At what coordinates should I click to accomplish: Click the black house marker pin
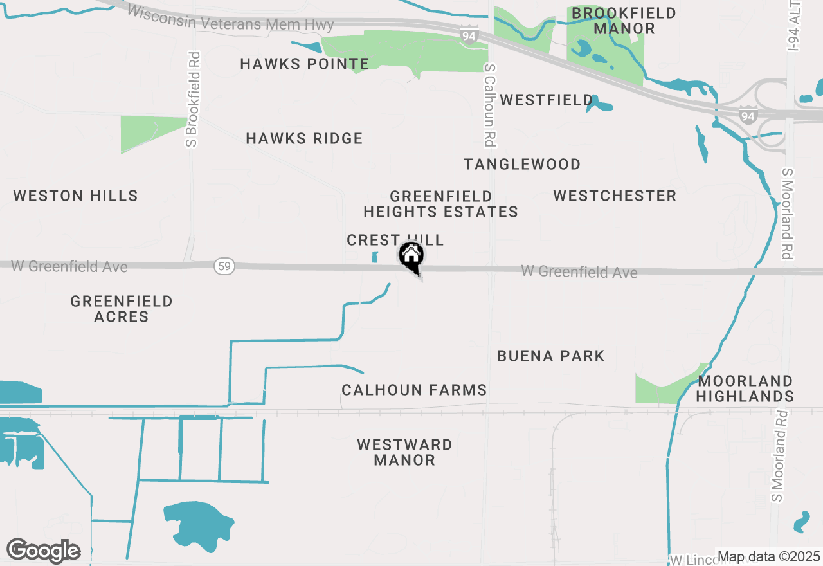click(411, 257)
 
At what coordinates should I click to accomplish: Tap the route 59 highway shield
click(223, 266)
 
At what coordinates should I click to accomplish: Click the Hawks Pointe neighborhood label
click(304, 64)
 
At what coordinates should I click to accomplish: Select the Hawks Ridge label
click(304, 138)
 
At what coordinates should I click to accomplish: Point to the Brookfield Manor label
click(624, 21)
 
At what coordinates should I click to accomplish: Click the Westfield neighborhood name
click(547, 100)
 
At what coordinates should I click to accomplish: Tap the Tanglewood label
click(522, 164)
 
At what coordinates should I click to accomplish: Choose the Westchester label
click(615, 196)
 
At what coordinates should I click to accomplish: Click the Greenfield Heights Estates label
click(441, 204)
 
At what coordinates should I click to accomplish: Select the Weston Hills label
click(76, 196)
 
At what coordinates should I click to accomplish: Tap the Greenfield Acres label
click(122, 309)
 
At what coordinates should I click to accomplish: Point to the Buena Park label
click(551, 356)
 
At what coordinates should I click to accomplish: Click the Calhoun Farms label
click(414, 390)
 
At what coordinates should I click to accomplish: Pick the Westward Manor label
click(404, 452)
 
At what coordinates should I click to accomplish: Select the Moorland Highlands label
click(745, 388)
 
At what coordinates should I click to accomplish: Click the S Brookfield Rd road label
click(192, 99)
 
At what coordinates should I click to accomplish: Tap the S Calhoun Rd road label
click(490, 105)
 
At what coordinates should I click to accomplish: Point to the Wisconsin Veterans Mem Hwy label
click(231, 19)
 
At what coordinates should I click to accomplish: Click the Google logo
click(43, 551)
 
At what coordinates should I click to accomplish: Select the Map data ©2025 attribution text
click(768, 556)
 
